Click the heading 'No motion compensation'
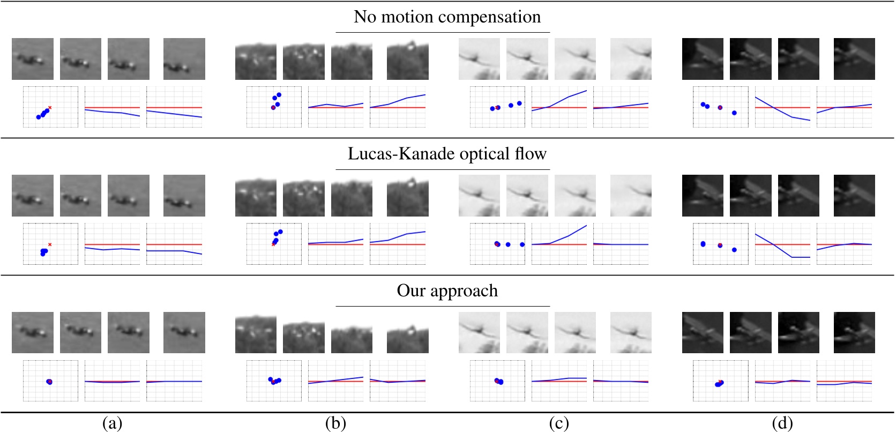click(x=447, y=17)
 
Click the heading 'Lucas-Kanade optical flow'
click(x=447, y=154)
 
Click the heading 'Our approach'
click(x=447, y=291)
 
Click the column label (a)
click(x=112, y=423)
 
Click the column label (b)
click(x=335, y=423)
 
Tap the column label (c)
click(x=559, y=423)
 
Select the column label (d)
click(x=782, y=423)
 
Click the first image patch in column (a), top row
click(x=33, y=59)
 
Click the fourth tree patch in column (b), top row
click(x=407, y=59)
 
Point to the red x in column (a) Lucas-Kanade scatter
click(x=50, y=244)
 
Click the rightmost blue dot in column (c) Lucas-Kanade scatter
click(x=522, y=244)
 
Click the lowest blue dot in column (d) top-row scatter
click(x=734, y=113)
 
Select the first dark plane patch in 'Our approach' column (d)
click(x=703, y=332)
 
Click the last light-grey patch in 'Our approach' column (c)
click(x=631, y=332)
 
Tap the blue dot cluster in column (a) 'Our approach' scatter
click(x=49, y=382)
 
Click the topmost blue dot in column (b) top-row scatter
click(x=279, y=95)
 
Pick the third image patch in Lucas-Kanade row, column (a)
click(x=129, y=196)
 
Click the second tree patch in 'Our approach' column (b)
click(x=304, y=332)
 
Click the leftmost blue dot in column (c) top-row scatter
click(x=492, y=109)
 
